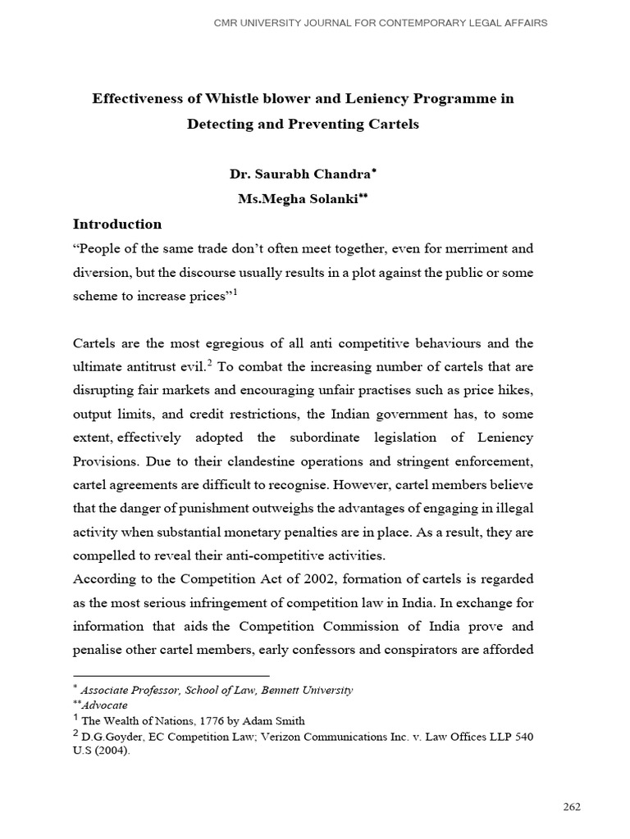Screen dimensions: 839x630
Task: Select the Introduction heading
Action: [x=117, y=224]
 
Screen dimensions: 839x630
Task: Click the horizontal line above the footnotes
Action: [x=171, y=676]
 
